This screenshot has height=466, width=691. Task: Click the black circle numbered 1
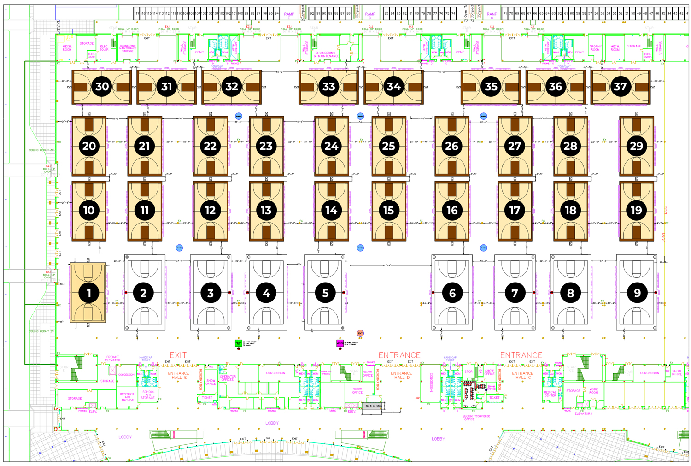[88, 293]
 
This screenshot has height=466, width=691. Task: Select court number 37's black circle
[621, 86]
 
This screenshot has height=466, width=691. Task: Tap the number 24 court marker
[331, 146]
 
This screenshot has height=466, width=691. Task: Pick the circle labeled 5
[325, 293]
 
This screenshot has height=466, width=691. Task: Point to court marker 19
[636, 211]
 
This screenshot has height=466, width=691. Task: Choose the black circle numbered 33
[328, 86]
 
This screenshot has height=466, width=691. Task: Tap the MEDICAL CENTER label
[550, 394]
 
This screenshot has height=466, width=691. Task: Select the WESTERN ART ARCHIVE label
[127, 397]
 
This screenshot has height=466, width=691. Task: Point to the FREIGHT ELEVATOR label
[113, 359]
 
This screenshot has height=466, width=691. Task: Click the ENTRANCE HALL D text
[401, 375]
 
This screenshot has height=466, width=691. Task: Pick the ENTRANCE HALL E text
[178, 375]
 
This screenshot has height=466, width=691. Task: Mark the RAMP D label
[370, 16]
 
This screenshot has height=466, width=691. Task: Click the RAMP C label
[492, 16]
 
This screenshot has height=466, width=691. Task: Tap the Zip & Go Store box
[373, 406]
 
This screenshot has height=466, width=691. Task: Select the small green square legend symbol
[238, 343]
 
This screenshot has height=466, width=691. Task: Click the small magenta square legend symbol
[340, 343]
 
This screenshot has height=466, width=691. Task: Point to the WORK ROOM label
[593, 391]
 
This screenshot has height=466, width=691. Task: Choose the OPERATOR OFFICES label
[228, 378]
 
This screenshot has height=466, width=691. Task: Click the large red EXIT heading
[178, 355]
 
